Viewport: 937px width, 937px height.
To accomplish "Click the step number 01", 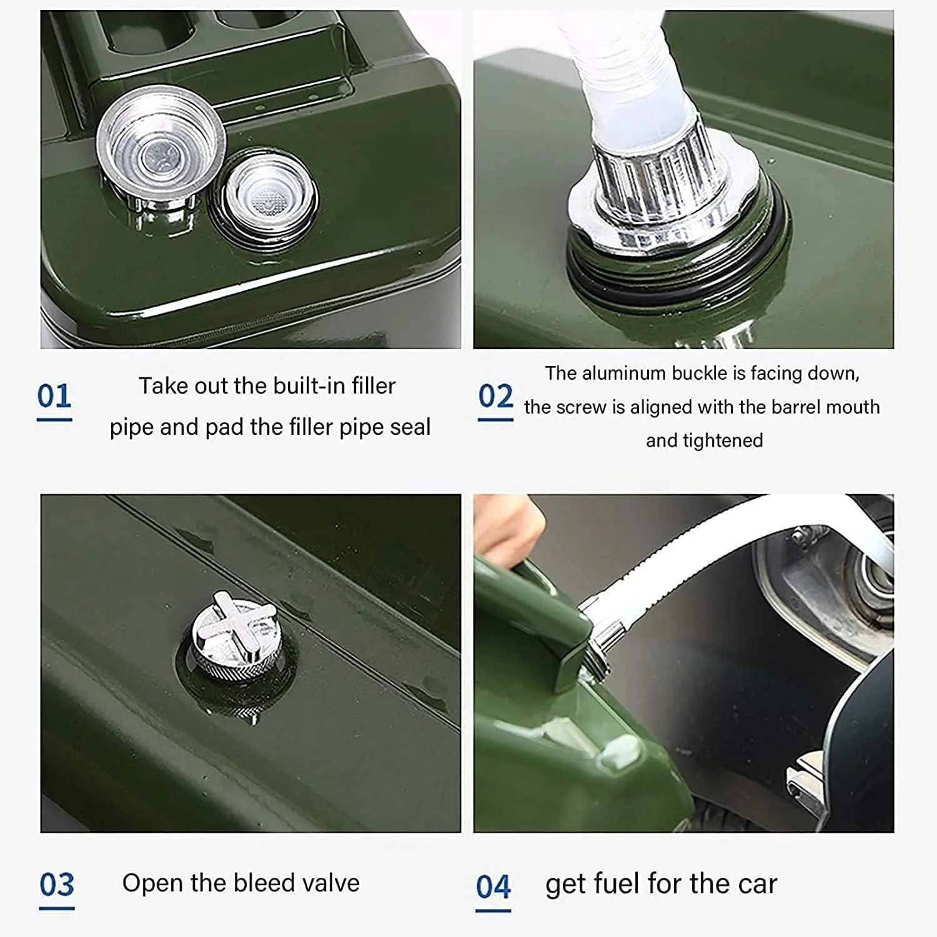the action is [54, 396].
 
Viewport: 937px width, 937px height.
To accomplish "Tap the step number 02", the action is [495, 396].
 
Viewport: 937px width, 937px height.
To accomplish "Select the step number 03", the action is [56, 885].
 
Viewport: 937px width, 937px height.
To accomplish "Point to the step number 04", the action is [493, 886].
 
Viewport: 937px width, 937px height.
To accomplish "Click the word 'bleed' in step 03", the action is [265, 883].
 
